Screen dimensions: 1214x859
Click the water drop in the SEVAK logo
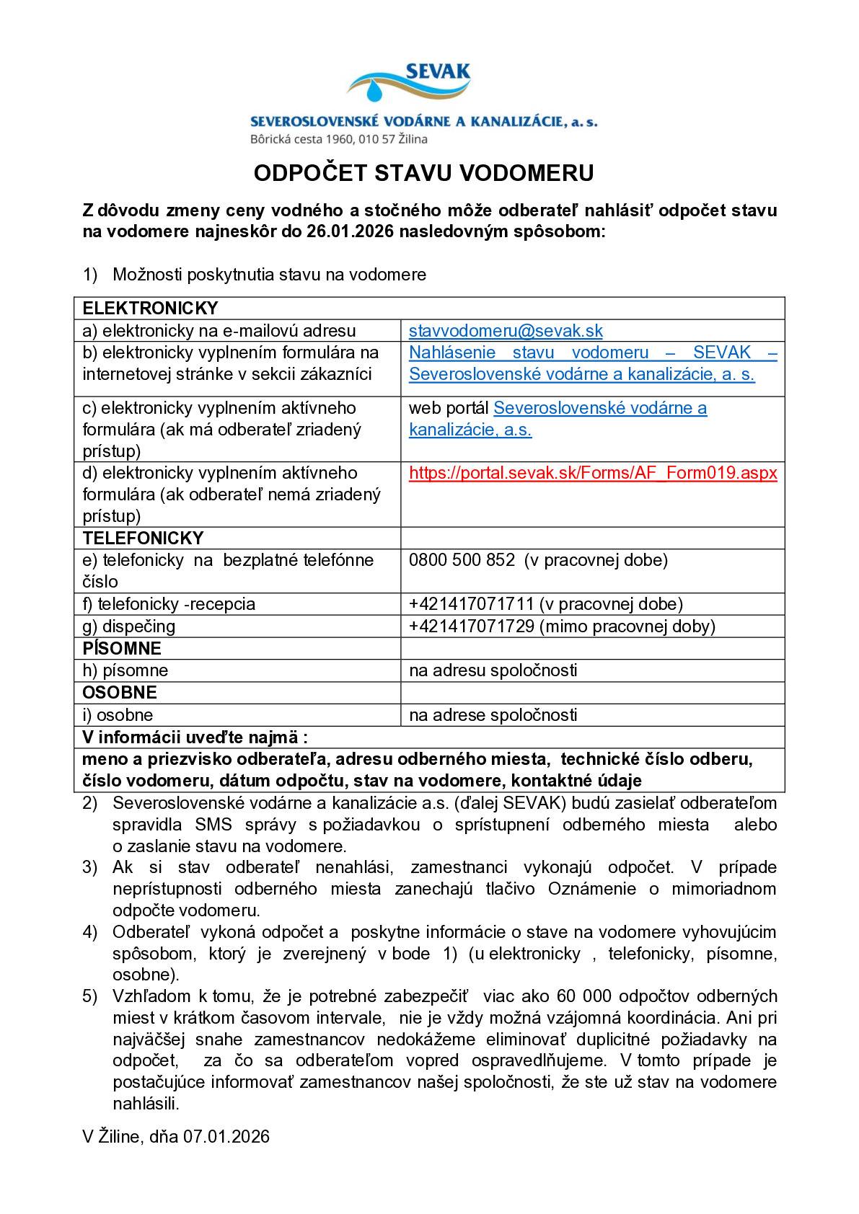point(375,91)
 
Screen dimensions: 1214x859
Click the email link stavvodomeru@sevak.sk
point(505,331)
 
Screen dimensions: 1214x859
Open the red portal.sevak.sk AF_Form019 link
point(592,473)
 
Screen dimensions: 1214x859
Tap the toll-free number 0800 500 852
point(462,560)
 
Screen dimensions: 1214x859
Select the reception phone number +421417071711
point(471,604)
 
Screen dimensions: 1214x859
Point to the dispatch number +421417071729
point(471,626)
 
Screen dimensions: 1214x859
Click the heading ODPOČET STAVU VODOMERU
point(424,173)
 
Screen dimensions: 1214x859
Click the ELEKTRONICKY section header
point(150,309)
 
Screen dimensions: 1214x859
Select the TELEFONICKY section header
point(143,539)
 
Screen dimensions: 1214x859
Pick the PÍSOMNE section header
point(122,649)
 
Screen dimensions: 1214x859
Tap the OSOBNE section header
point(120,693)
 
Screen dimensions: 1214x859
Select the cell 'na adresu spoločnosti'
point(493,670)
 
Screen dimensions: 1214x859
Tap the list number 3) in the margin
point(89,867)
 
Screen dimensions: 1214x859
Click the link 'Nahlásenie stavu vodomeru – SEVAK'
point(592,353)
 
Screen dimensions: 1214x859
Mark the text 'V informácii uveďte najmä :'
point(195,737)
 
